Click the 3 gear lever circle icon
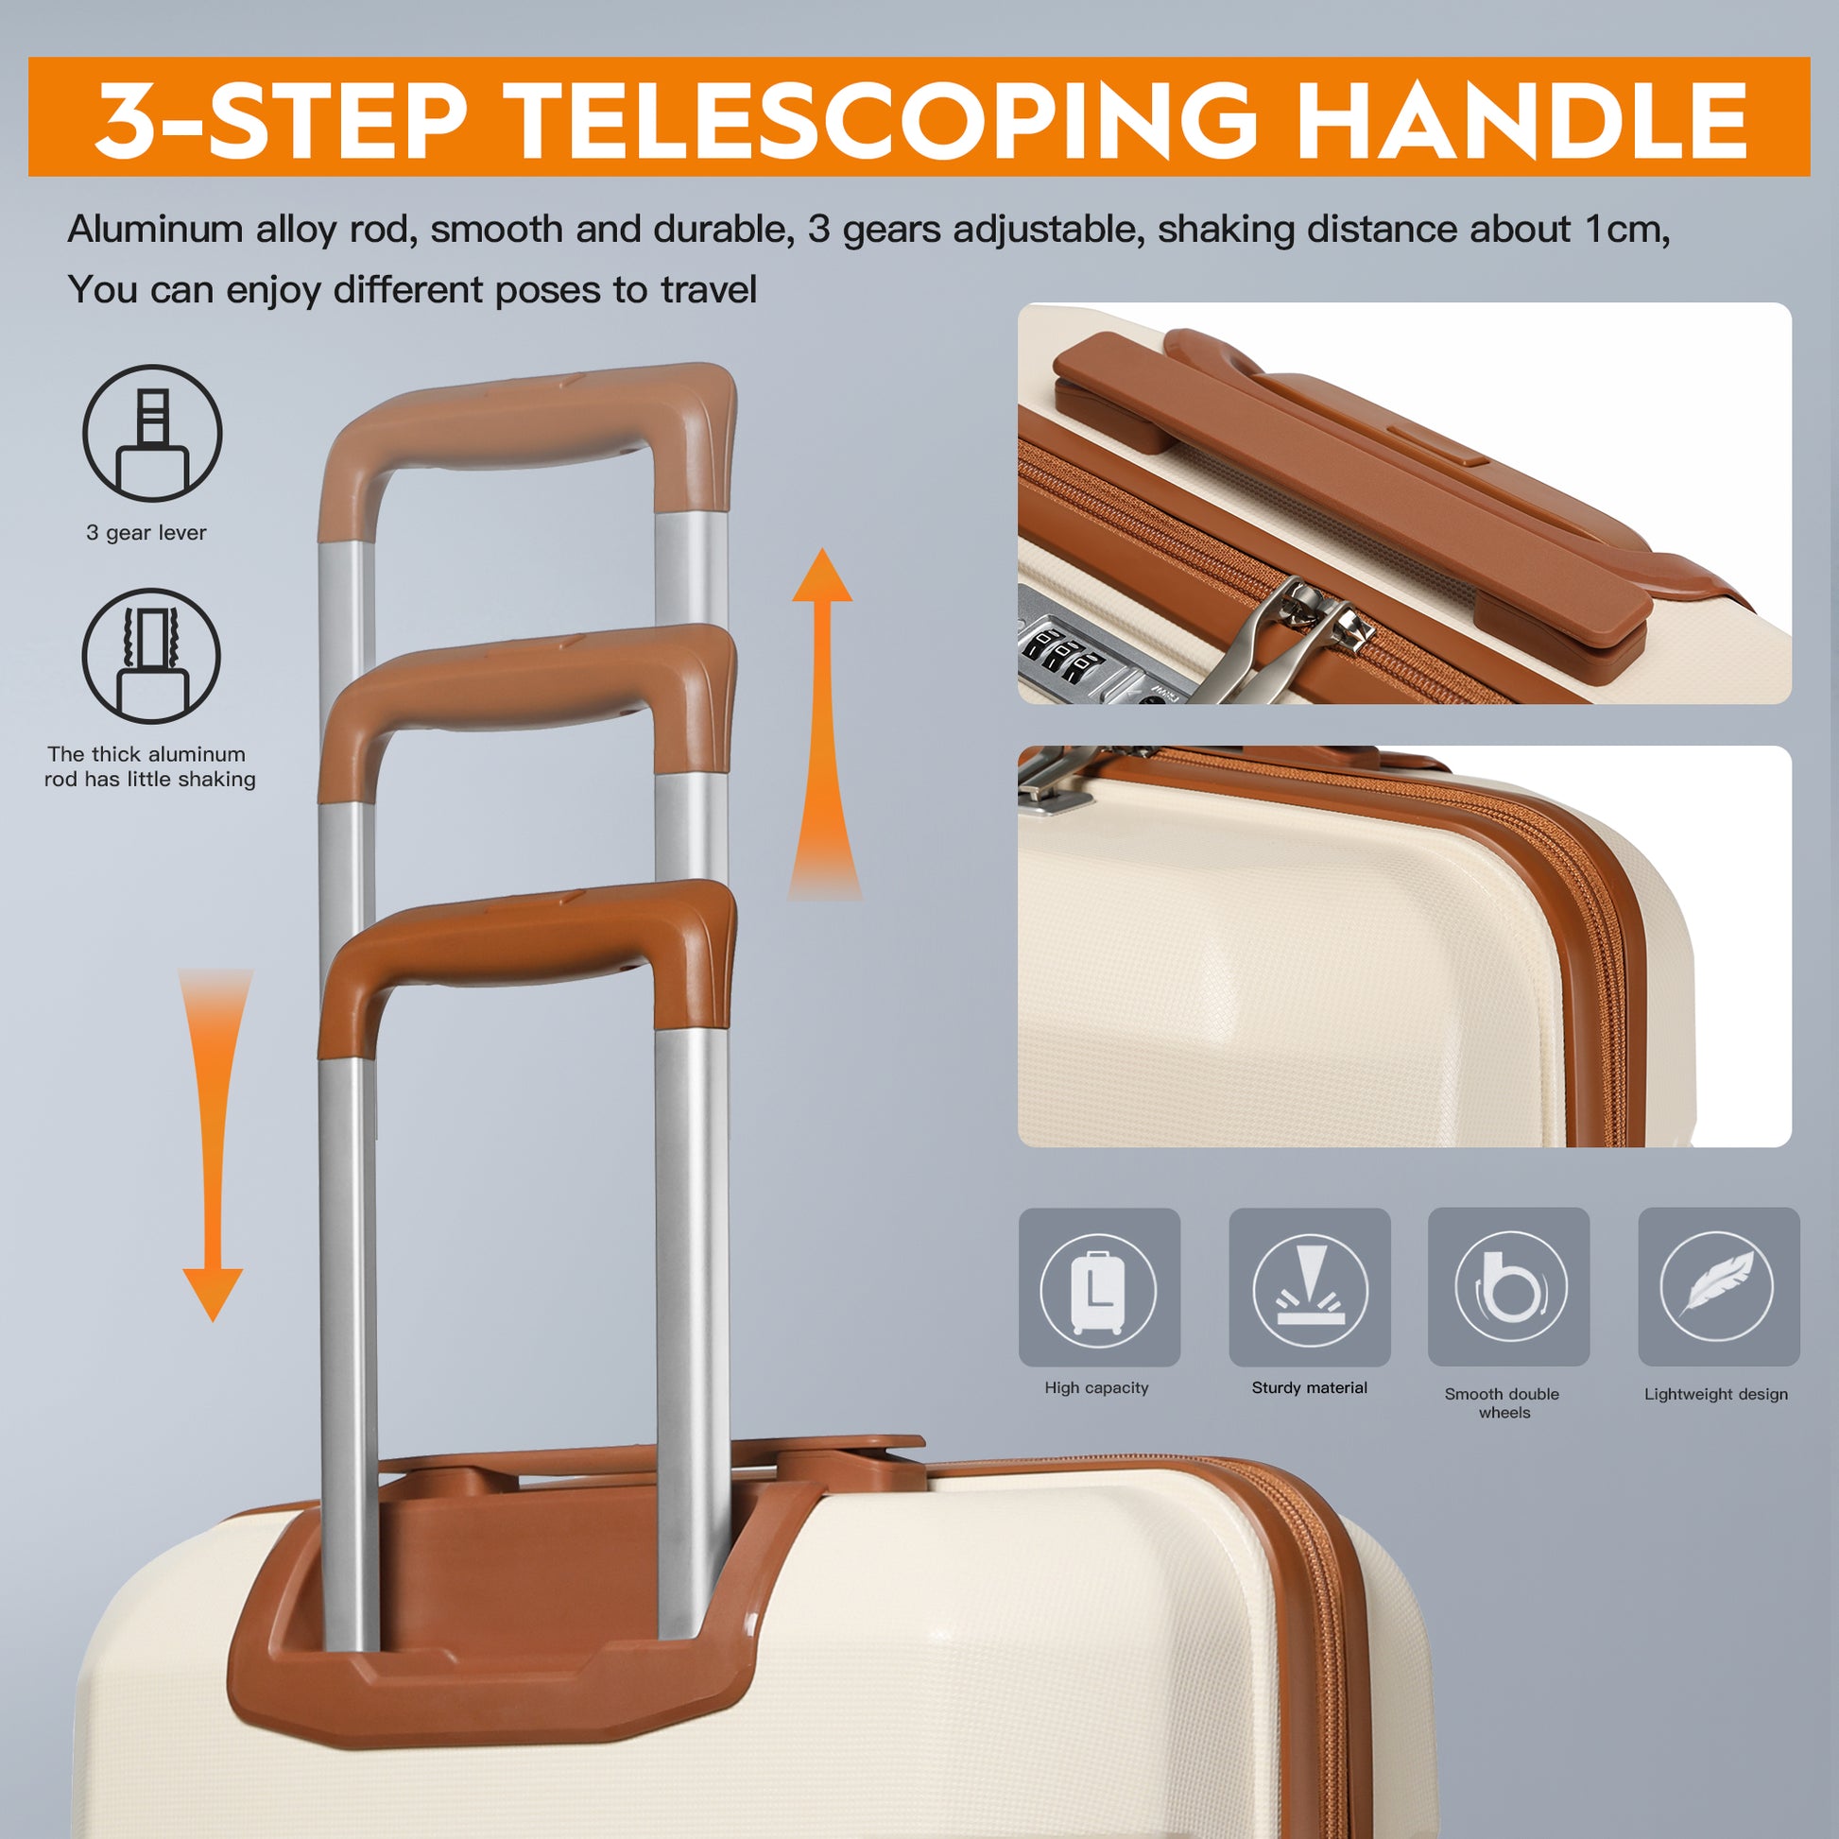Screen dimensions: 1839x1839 tap(152, 433)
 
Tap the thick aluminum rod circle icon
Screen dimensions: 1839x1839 tap(151, 657)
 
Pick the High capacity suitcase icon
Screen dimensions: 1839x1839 tap(1098, 1290)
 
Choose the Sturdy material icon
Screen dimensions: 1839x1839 tap(1309, 1290)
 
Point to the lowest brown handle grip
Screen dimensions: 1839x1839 tap(528, 937)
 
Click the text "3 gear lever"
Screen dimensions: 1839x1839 tap(146, 533)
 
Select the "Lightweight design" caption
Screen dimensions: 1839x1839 tap(1716, 1394)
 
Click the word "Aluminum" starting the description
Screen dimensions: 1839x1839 tap(155, 231)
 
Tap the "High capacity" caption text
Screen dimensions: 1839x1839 tap(1096, 1388)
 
